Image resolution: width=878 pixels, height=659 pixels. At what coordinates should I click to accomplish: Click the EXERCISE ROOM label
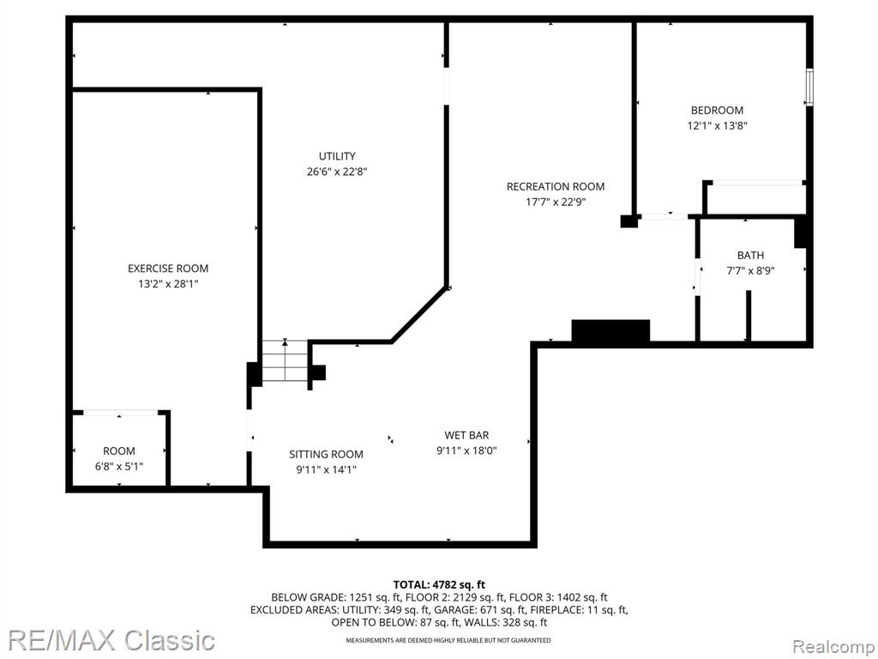(x=168, y=269)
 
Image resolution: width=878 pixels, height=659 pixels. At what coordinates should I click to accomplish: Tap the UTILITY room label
(x=337, y=156)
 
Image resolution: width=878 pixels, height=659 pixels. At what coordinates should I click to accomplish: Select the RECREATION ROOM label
(x=556, y=186)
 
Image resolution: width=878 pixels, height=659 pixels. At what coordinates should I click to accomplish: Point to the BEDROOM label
(x=717, y=111)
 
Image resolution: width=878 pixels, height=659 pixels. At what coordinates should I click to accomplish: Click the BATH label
(x=750, y=256)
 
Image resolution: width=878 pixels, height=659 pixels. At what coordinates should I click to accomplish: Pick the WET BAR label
(x=466, y=435)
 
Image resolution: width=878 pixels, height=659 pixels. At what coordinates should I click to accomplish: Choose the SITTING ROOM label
(x=326, y=455)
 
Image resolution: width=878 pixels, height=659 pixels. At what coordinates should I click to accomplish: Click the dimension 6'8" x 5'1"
(x=118, y=466)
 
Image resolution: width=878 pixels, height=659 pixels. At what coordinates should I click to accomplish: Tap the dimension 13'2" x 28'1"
(x=168, y=284)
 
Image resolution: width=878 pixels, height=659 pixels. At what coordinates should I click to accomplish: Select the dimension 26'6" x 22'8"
(x=337, y=172)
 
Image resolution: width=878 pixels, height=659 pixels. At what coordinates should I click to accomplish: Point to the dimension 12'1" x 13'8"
(x=718, y=125)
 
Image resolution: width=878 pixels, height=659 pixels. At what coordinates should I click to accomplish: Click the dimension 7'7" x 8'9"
(x=750, y=270)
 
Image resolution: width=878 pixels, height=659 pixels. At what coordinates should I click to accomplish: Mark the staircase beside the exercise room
(x=285, y=361)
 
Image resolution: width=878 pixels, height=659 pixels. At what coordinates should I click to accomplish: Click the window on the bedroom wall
(x=809, y=87)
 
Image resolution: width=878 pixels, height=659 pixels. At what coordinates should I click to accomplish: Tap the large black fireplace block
(x=610, y=330)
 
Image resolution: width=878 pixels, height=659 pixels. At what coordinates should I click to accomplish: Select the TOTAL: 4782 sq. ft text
(x=439, y=585)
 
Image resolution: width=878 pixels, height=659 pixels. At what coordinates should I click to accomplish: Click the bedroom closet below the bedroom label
(x=755, y=197)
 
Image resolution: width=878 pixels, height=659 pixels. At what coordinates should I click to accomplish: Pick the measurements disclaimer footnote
(x=448, y=640)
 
